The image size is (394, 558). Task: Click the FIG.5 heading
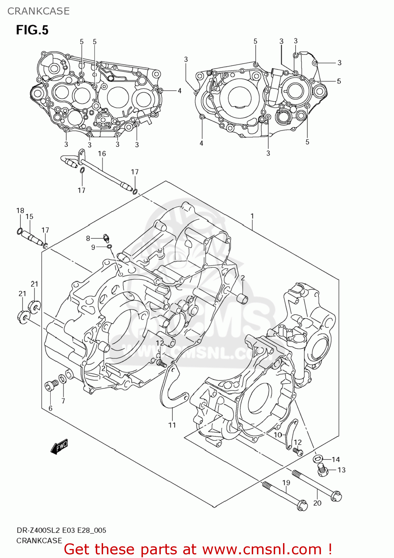32,30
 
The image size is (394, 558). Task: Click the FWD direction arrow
60,446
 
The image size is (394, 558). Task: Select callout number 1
252,216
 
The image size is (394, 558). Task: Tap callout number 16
102,154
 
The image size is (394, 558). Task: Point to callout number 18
20,211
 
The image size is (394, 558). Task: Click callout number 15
29,217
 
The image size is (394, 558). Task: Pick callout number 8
88,238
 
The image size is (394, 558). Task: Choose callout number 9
93,247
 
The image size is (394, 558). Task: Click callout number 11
172,425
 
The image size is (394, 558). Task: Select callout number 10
278,435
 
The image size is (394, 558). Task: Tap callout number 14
336,459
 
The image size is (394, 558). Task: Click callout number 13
341,470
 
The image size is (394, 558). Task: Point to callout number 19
286,483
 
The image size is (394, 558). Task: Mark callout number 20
317,503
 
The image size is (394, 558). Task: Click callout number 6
51,408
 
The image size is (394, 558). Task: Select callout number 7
63,401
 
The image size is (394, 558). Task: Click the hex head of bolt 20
336,496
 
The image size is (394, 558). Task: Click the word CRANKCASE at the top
38,11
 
